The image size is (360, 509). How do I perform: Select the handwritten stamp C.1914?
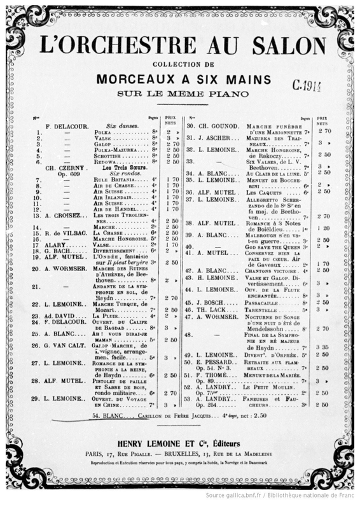click(x=307, y=85)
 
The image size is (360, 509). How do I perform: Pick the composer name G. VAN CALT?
click(x=60, y=345)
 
